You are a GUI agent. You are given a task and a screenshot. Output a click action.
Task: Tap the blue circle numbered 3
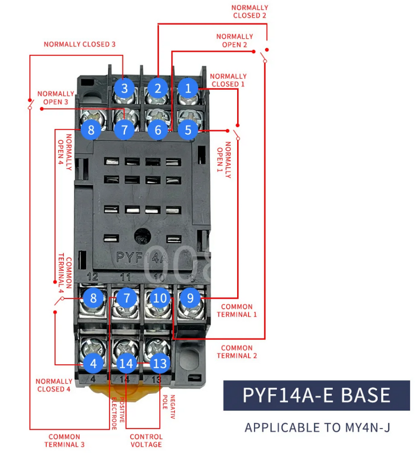coord(124,88)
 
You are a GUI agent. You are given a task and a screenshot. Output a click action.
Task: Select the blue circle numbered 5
coord(188,129)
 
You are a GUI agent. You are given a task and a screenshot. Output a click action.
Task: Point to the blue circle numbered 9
coord(190,298)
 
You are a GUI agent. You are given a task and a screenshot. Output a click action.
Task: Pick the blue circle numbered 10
coord(161,298)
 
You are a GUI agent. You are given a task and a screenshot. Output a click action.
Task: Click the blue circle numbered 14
coord(127,363)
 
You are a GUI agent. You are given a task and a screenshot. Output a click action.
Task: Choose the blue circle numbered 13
coord(161,363)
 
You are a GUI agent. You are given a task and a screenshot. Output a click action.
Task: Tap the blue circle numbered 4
coord(93,363)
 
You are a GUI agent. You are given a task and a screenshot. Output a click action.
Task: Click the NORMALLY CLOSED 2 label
coord(250,11)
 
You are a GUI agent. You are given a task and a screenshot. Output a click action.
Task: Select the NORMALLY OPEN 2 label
coord(234,40)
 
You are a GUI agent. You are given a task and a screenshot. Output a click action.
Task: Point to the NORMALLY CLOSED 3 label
coord(79,44)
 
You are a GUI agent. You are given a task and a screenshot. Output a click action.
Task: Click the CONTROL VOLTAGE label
coord(146,440)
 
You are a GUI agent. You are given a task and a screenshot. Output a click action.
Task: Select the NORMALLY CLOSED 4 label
coord(54,385)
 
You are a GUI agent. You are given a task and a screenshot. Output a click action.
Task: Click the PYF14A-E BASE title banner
coord(316,395)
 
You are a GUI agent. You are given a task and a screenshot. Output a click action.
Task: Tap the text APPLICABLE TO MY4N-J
coord(316,428)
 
